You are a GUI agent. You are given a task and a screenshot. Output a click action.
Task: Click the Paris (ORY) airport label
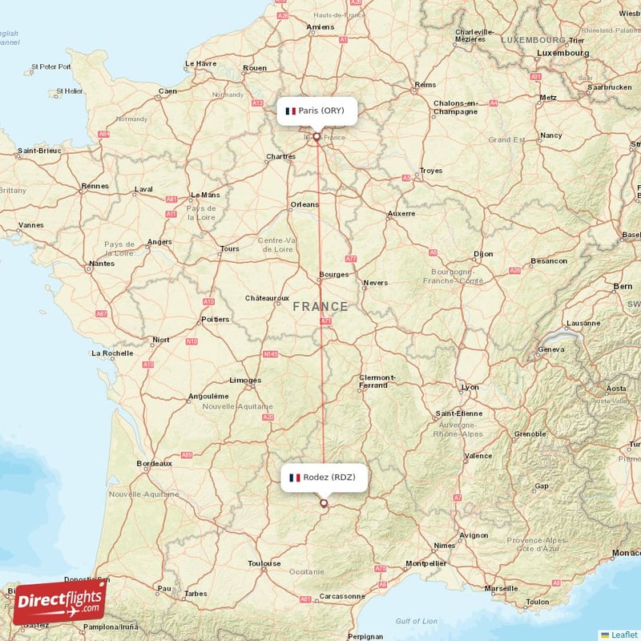click(x=316, y=111)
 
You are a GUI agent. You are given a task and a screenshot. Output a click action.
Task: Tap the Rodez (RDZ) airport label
click(x=324, y=478)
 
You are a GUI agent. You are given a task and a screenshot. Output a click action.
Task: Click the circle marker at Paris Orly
click(x=317, y=137)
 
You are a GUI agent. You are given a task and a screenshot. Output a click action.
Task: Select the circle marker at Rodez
click(x=324, y=503)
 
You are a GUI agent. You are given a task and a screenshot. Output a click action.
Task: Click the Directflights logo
click(x=59, y=602)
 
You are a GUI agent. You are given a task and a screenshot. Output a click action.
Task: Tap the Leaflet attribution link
click(x=622, y=634)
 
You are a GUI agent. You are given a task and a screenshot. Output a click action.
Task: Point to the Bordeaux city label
click(x=154, y=463)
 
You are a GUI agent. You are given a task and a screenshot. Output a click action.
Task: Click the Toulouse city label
click(x=264, y=563)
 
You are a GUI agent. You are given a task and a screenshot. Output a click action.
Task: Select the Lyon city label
click(x=470, y=387)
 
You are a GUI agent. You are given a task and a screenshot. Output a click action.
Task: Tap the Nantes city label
click(x=102, y=263)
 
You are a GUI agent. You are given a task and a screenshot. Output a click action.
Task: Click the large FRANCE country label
click(x=320, y=306)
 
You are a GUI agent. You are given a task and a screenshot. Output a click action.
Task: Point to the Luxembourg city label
click(x=563, y=53)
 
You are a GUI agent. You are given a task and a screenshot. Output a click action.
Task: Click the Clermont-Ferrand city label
click(x=377, y=381)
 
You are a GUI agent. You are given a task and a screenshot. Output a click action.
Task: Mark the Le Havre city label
click(x=201, y=63)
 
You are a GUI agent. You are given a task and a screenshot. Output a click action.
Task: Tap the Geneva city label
click(x=552, y=349)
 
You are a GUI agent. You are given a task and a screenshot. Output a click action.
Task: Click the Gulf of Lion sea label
click(x=417, y=621)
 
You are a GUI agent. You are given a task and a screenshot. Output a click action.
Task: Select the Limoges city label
click(x=245, y=380)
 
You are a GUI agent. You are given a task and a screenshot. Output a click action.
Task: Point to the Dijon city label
click(x=483, y=254)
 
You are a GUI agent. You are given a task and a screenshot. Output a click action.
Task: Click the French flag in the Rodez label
click(x=295, y=478)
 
